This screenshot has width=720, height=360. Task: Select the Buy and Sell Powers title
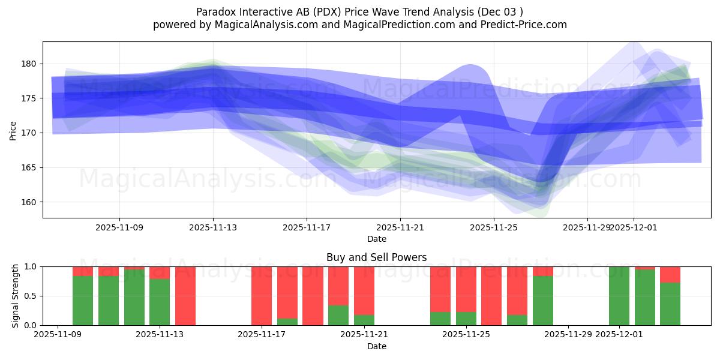point(376,257)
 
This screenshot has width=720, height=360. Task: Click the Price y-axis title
point(13,130)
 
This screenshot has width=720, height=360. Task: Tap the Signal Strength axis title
point(16,296)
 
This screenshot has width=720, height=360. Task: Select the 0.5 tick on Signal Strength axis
point(30,296)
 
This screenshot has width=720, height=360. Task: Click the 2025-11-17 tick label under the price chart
point(307,227)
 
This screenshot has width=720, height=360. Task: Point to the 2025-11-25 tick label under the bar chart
point(466,335)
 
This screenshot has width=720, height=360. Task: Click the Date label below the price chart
point(376,239)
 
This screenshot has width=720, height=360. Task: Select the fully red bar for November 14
point(185,296)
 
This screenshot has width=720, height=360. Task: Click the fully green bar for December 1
point(619,296)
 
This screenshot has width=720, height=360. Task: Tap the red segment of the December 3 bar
point(670,274)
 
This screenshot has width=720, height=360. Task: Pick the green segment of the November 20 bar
point(338,315)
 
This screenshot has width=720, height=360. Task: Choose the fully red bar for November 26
point(491,296)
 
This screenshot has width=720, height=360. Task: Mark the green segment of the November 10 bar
point(83,301)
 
